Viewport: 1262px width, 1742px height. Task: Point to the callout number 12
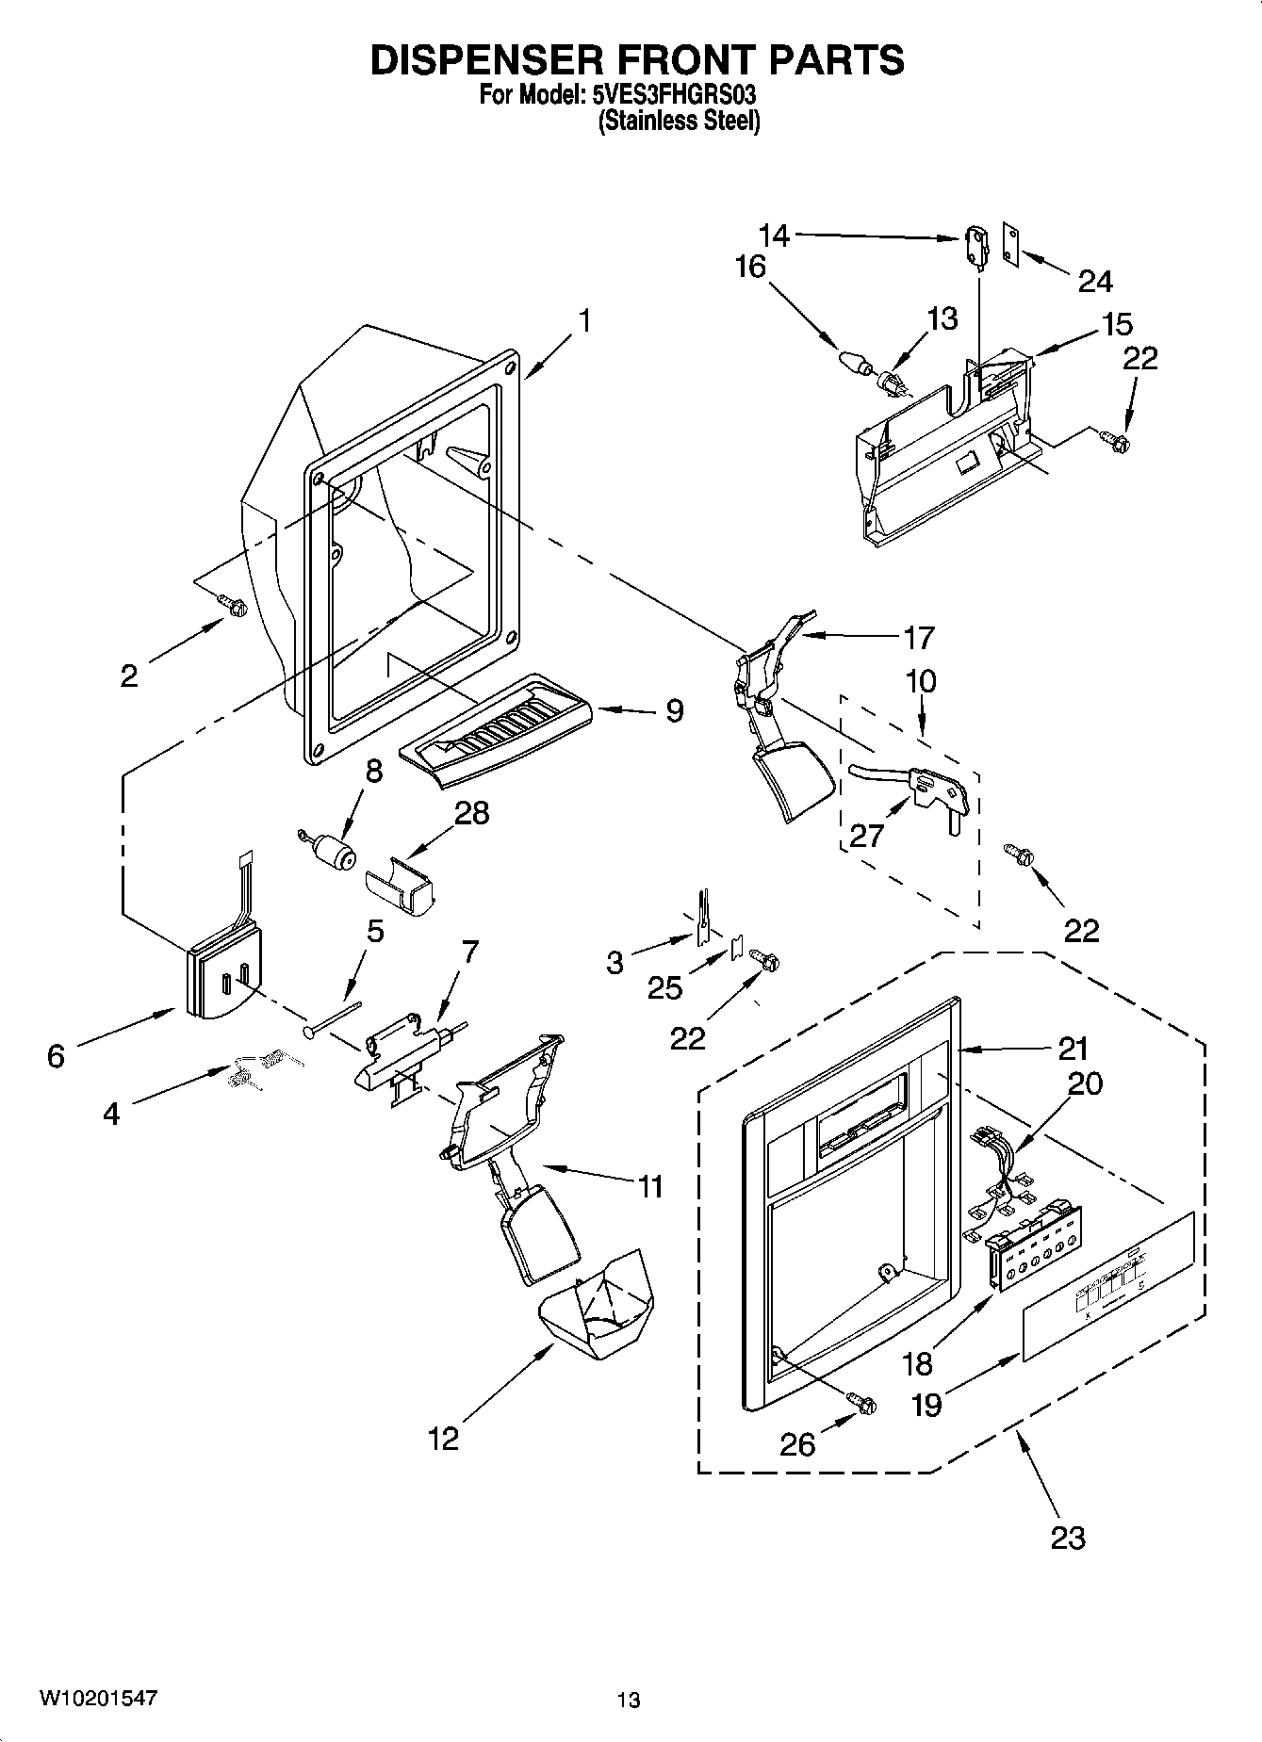pos(443,1439)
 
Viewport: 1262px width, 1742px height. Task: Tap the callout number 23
pos(1068,1538)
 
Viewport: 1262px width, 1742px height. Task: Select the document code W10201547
pos(98,1699)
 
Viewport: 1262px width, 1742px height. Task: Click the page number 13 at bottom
pos(629,1701)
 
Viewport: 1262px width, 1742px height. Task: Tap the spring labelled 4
pos(256,1069)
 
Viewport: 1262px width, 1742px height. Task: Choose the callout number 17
pos(918,638)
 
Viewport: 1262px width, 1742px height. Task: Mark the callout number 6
pos(56,1056)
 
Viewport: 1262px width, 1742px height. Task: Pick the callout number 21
pos(1073,1048)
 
